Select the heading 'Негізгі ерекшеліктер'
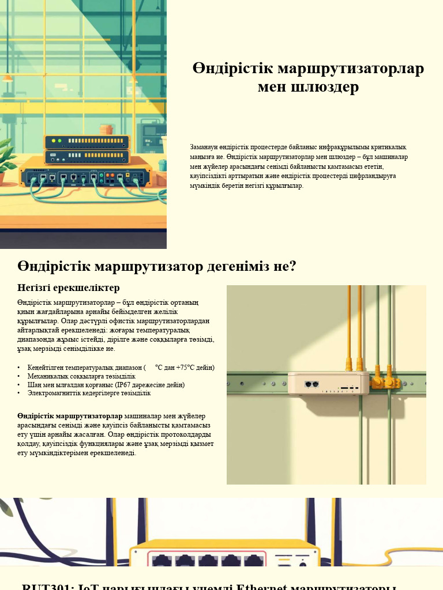(68, 288)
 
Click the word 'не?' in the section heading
(284, 266)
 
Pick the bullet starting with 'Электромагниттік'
(89, 393)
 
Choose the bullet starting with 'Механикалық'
(81, 376)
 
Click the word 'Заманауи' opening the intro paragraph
(206, 147)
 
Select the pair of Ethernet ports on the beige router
(311, 384)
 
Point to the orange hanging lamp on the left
(7, 77)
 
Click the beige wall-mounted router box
(328, 383)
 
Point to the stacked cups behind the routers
(106, 129)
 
